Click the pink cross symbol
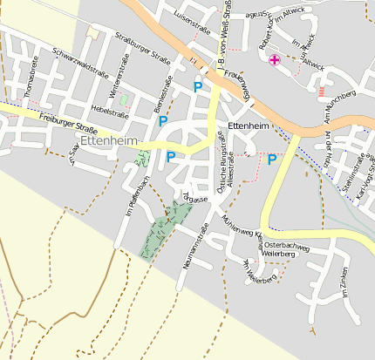[x=275, y=59]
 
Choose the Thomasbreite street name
[x=31, y=76]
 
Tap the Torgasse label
[x=194, y=197]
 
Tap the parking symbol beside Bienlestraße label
[x=162, y=121]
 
